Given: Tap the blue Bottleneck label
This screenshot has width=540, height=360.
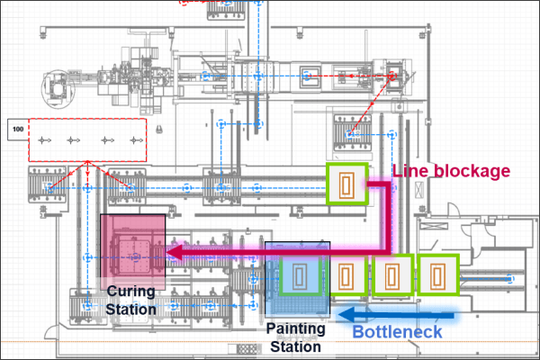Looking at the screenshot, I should tap(397, 331).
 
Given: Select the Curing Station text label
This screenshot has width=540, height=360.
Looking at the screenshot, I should tap(133, 300).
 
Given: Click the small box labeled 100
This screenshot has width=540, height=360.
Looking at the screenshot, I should tap(17, 130).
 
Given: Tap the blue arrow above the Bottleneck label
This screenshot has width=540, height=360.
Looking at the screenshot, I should tap(396, 313).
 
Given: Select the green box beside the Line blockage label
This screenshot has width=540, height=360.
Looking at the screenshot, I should tap(346, 185).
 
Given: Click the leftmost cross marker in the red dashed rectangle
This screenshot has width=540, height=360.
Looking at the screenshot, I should tap(48, 140).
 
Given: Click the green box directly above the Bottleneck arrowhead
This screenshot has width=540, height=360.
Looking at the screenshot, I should tap(346, 275).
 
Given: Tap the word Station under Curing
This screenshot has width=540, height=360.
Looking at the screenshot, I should tap(133, 309).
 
